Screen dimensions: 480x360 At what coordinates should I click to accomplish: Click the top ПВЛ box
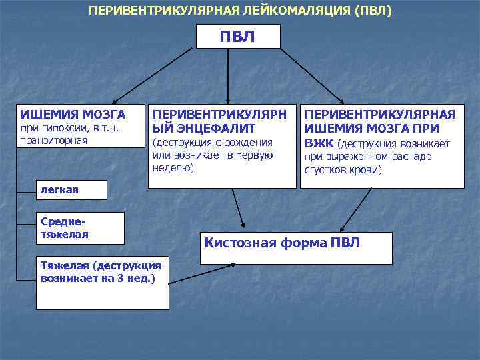pyautogui.click(x=238, y=36)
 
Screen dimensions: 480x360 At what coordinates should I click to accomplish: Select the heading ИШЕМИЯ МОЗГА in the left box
pyautogui.click(x=73, y=114)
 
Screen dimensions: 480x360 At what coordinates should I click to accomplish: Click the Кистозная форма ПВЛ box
pyautogui.click(x=297, y=247)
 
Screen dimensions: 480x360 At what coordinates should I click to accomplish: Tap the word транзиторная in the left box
pyautogui.click(x=54, y=141)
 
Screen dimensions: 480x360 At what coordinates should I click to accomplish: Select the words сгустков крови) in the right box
pyautogui.click(x=343, y=170)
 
